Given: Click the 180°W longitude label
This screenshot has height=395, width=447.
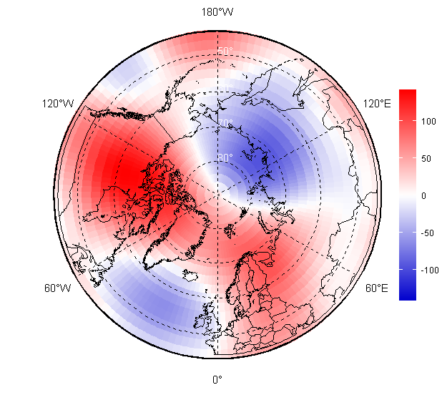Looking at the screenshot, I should point(217,12).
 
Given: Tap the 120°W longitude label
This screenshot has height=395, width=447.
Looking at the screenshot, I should point(58,104).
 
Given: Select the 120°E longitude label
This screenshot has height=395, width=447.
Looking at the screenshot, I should point(377,104).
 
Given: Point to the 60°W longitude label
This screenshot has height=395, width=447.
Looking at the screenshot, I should point(58,288).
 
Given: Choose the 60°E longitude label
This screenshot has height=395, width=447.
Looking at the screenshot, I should point(377,288).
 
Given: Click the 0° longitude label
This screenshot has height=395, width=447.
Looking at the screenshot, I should point(217,379).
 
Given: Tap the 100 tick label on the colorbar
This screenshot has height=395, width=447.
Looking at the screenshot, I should point(428,121).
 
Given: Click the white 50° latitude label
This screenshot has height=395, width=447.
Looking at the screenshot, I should point(225,52).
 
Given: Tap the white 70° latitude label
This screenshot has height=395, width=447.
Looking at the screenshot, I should point(225,124).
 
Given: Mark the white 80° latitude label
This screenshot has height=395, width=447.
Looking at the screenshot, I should point(225,157).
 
